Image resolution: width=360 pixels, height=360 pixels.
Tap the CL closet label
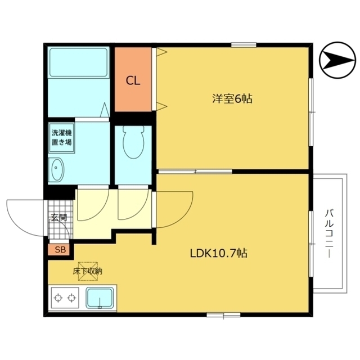(133, 81)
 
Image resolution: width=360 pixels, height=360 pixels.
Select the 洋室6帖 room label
(232, 99)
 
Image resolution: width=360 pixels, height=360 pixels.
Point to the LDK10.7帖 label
(219, 253)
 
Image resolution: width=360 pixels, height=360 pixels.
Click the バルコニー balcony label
(329, 233)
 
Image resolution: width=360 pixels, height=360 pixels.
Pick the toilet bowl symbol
(133, 142)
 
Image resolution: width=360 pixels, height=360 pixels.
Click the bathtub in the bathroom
(79, 62)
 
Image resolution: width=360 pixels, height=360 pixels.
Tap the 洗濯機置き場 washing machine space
(61, 138)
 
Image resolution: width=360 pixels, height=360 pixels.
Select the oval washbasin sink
(56, 170)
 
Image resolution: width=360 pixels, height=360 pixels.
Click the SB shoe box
(60, 250)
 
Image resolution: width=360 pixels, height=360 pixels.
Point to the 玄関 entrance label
(59, 217)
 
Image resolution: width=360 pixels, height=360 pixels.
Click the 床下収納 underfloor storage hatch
(88, 271)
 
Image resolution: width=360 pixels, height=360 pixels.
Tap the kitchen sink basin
(100, 298)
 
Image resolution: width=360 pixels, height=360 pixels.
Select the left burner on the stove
(58, 298)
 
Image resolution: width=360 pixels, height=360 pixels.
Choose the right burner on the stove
(71, 298)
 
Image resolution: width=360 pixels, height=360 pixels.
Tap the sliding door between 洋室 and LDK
(195, 171)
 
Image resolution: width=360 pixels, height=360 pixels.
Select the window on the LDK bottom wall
(223, 314)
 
